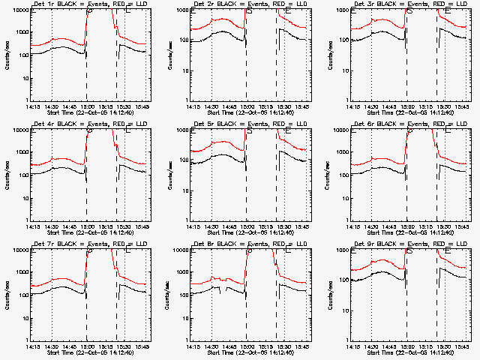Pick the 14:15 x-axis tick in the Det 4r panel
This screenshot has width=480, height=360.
click(34, 226)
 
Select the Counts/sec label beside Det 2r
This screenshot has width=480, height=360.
click(169, 56)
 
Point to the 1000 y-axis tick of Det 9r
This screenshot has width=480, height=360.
click(342, 272)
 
